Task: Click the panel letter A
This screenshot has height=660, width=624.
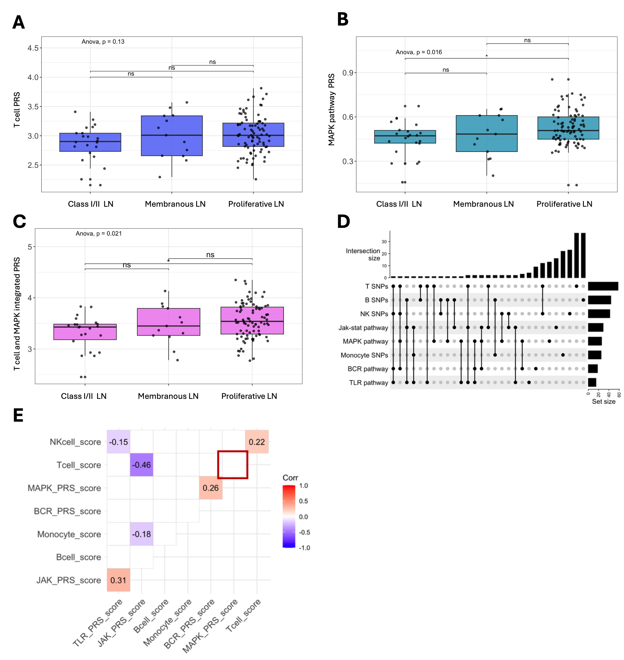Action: (x=19, y=23)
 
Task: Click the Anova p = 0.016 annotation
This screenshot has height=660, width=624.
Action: (x=418, y=52)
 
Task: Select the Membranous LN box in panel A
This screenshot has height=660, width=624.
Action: (x=172, y=136)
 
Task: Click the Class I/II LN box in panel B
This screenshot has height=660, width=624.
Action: (x=405, y=137)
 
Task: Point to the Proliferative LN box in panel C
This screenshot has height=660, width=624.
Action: (x=252, y=320)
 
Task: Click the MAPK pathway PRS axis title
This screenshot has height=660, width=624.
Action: (x=331, y=110)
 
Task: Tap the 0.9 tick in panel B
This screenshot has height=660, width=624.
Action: (x=347, y=73)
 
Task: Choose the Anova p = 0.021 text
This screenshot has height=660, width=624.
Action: (x=98, y=234)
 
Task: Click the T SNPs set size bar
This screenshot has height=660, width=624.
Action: (x=603, y=286)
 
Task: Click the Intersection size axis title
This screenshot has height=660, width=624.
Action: (x=363, y=255)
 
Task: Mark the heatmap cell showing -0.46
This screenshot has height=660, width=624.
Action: (x=141, y=465)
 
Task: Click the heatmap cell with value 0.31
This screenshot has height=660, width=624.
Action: (x=118, y=580)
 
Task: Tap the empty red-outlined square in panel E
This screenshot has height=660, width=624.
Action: (x=232, y=465)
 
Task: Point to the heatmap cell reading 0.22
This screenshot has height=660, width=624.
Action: (x=257, y=442)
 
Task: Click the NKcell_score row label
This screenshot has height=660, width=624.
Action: (x=75, y=442)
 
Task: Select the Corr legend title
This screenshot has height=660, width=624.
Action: (x=290, y=477)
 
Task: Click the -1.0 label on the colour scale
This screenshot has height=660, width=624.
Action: (x=304, y=548)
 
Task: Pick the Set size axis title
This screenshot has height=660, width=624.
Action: (x=603, y=401)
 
